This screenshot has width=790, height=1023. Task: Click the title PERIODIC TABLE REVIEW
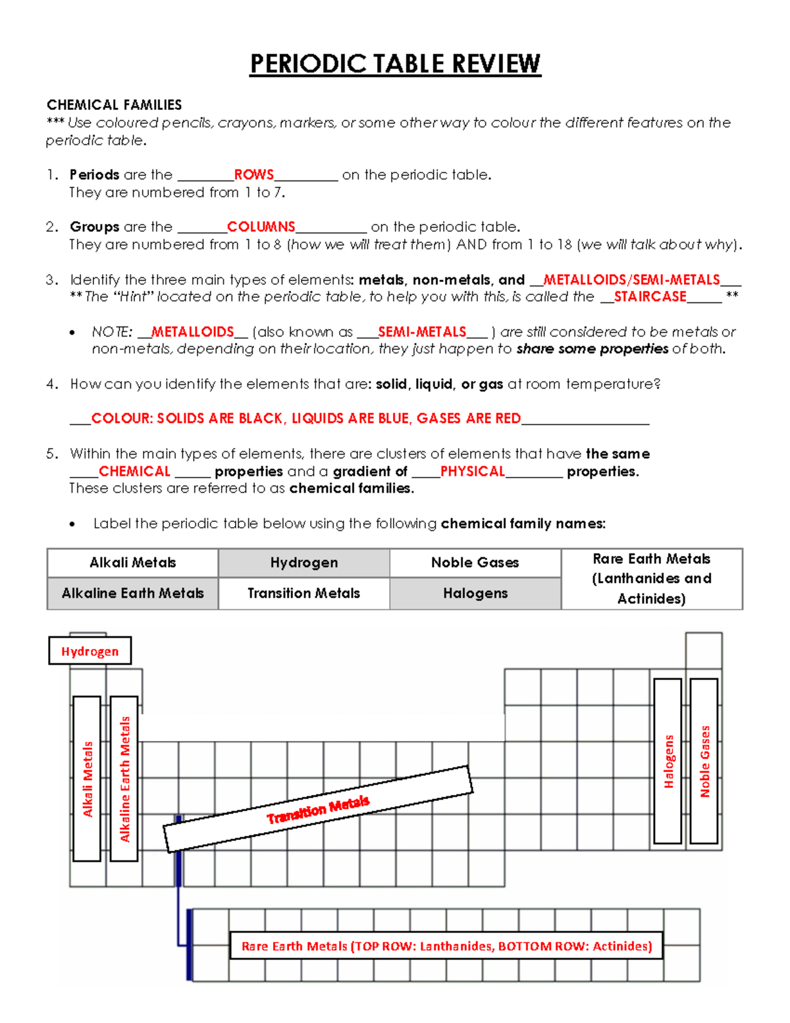pos(395,64)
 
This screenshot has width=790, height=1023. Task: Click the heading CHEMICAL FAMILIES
pos(114,105)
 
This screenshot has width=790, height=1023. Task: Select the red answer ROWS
pos(253,175)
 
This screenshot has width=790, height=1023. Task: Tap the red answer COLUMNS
pos(261,227)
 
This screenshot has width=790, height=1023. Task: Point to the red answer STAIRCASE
pos(650,296)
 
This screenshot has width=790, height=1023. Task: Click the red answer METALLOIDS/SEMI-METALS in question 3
pos(631,279)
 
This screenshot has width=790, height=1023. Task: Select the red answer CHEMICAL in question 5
pos(134,471)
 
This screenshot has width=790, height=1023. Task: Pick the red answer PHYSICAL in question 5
pos(472,471)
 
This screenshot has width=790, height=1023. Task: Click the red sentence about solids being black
pos(305,418)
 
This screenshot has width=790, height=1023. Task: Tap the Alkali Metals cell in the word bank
pos(132,563)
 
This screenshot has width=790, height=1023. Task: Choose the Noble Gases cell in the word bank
pos(475,563)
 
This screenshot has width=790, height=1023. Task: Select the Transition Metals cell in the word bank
pos(303,593)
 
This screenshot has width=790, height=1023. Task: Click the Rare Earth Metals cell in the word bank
pos(651,578)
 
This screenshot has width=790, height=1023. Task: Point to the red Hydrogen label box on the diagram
pos(90,651)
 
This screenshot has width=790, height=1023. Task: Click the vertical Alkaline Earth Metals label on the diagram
pos(124,779)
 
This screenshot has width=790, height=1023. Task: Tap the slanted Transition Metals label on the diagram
pos(318,809)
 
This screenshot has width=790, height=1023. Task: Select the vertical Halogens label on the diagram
pos(668,761)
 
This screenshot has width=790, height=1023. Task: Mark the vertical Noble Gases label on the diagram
pos(704,761)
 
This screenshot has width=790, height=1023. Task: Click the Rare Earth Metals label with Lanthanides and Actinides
pos(446,946)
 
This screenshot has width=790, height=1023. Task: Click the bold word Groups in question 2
pos(94,227)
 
